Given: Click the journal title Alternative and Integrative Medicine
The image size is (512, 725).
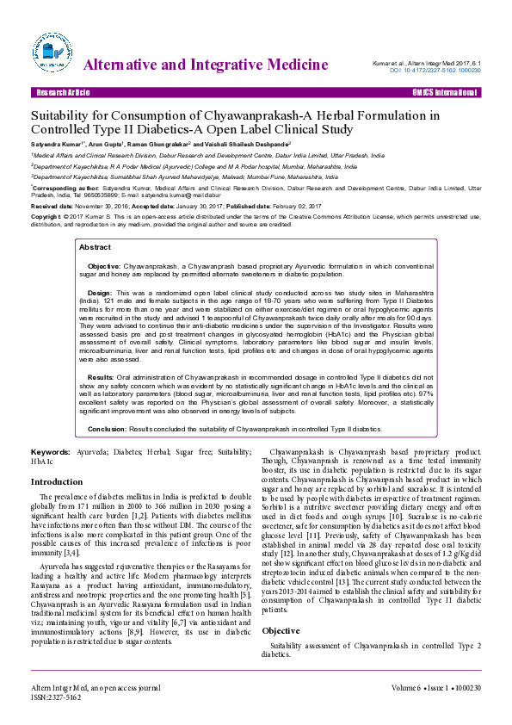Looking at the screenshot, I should tap(206, 65).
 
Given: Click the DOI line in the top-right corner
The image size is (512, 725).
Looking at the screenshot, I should tap(435, 69).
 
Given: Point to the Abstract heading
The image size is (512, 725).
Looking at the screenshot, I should tap(95, 246).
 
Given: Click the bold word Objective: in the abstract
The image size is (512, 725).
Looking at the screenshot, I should tap(104, 268).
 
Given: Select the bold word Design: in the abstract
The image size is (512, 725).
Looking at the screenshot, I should tap(100, 293).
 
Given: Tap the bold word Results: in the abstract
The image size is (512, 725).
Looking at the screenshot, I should tap(101, 377).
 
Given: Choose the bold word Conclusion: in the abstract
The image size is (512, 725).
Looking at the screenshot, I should tap(108, 428).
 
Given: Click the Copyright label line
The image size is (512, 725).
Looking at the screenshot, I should tap(47, 218).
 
